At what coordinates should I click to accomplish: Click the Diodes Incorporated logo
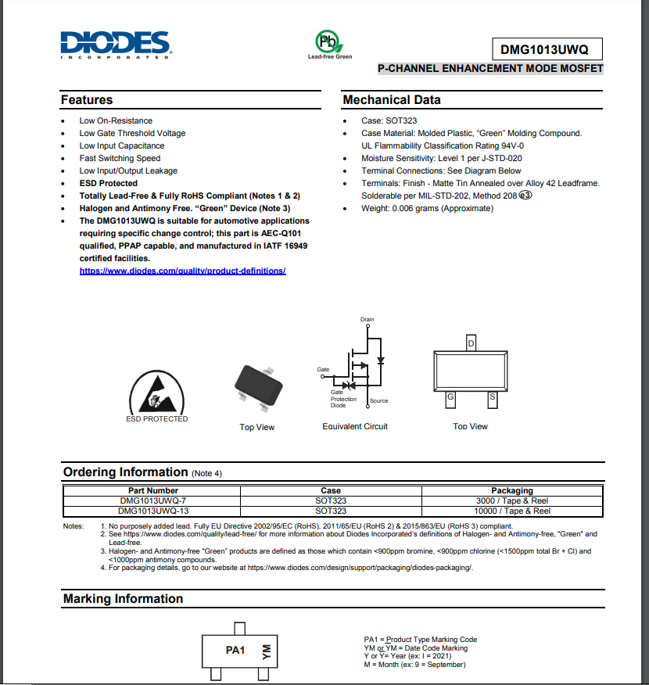click(116, 45)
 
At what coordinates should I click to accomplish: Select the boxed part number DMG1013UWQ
click(547, 49)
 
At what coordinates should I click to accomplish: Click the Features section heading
click(87, 100)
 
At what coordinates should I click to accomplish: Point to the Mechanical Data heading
click(391, 100)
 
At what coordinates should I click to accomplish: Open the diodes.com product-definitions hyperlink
click(182, 271)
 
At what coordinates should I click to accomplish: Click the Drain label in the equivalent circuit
click(368, 320)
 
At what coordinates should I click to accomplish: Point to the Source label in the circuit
click(378, 401)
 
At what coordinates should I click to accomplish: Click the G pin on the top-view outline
click(450, 397)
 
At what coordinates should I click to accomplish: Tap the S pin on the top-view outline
click(492, 397)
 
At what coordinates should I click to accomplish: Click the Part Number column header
click(153, 491)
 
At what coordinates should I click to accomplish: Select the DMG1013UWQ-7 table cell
click(153, 500)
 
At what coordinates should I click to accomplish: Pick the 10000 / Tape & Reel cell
click(512, 511)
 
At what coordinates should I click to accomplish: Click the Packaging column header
click(512, 491)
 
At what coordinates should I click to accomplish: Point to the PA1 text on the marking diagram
click(235, 651)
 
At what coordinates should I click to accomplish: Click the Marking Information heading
click(123, 599)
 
